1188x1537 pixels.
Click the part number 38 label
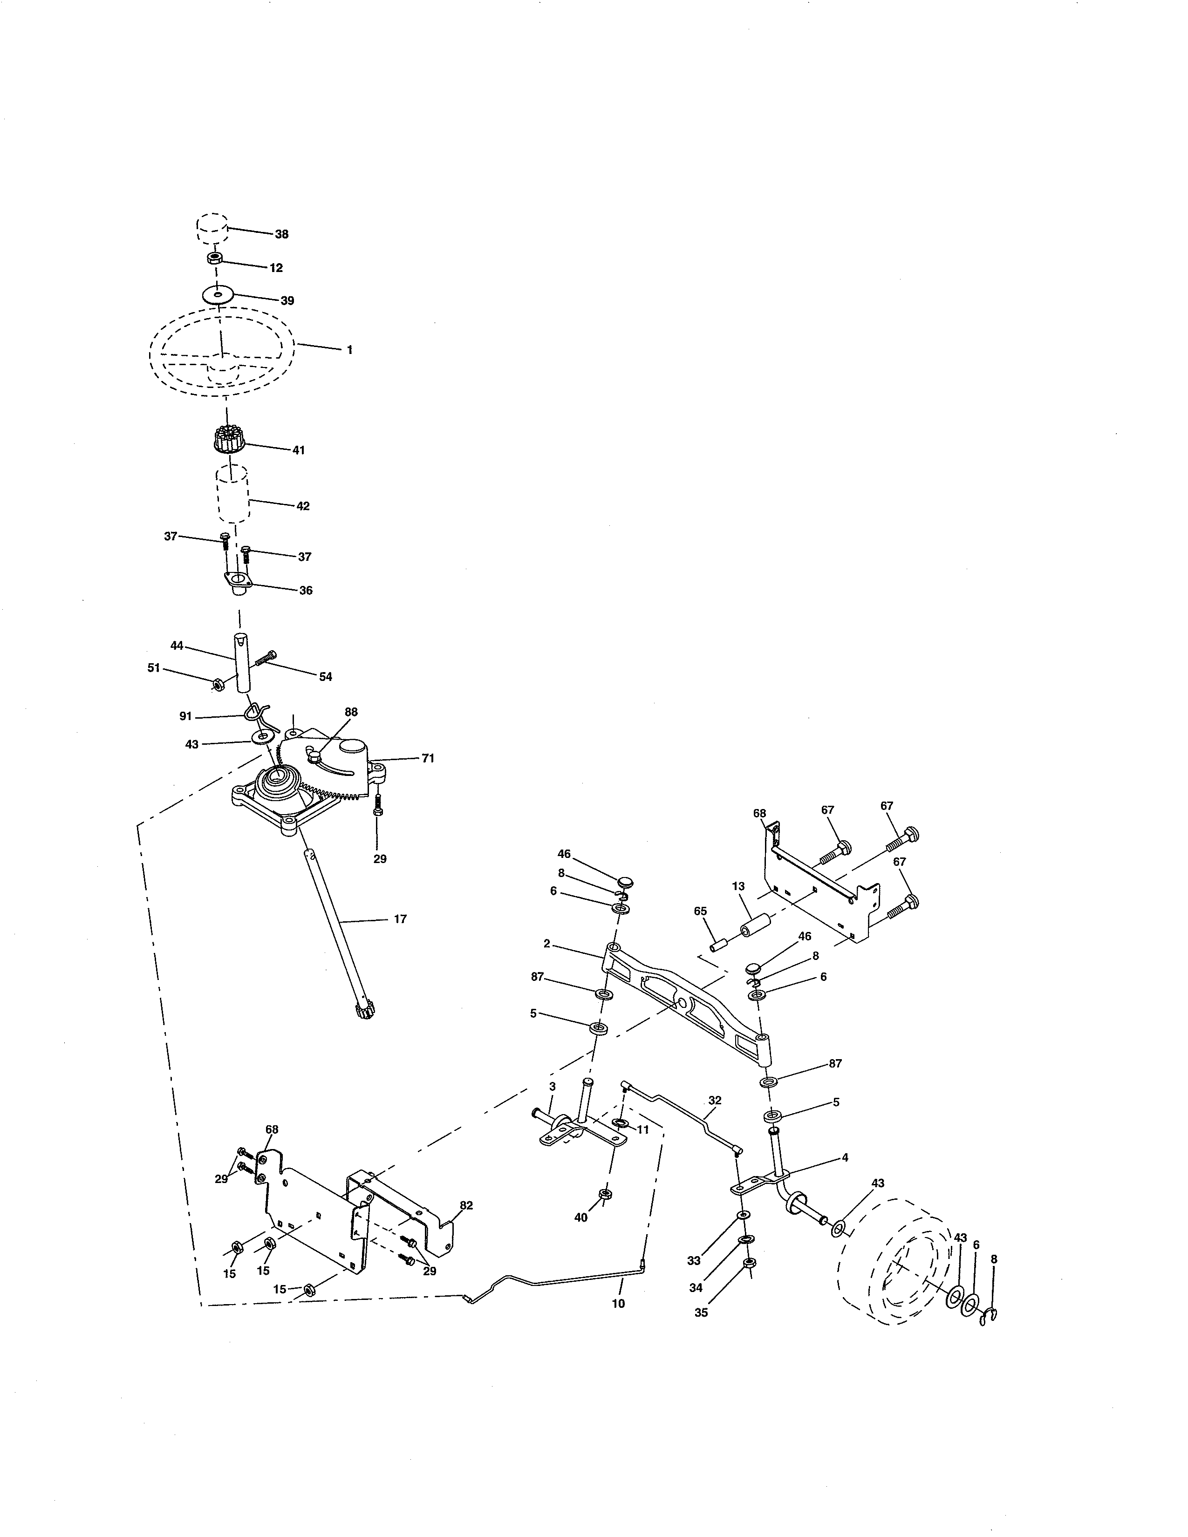[x=281, y=234]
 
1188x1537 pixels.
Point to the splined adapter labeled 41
[x=226, y=441]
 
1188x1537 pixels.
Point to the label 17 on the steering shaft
[x=400, y=919]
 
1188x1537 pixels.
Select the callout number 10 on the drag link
[x=618, y=1303]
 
